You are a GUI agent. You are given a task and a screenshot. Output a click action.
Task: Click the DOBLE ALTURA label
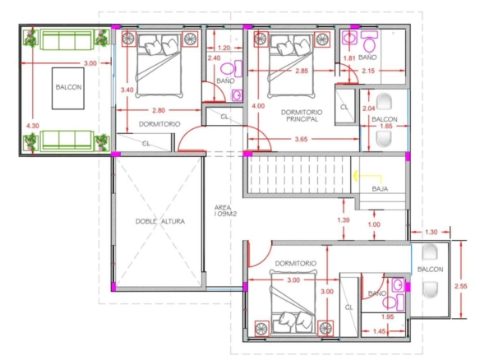point(160,221)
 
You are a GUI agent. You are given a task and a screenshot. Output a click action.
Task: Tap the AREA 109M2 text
point(225,211)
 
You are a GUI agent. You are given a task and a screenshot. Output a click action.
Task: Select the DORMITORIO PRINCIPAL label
point(302,116)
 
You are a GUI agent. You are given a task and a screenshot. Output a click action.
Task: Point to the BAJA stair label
point(380,189)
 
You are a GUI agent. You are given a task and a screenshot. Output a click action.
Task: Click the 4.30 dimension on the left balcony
point(33,126)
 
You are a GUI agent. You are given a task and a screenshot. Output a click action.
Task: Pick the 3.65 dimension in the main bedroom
point(301,139)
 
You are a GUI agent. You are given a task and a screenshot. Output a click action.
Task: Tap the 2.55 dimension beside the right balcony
point(461,286)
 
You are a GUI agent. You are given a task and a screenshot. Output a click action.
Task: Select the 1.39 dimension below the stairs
point(344,219)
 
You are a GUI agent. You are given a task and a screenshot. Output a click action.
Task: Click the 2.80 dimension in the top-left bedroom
point(159,110)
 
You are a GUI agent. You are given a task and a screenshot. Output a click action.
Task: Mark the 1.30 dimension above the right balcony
point(431,232)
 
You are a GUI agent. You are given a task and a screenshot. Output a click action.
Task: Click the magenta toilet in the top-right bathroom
point(370,41)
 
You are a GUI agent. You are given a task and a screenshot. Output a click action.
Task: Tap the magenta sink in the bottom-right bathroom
point(399,285)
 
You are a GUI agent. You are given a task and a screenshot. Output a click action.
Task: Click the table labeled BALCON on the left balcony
point(68,88)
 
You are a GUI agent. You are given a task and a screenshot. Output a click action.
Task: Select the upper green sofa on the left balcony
point(67,39)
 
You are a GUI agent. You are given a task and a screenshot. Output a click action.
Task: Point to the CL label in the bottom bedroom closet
point(349,307)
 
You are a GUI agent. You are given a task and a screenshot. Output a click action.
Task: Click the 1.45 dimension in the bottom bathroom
point(379,331)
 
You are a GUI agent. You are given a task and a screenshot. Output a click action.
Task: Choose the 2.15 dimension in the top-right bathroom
point(368,71)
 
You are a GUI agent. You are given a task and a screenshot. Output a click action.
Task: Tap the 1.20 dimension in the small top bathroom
point(224,48)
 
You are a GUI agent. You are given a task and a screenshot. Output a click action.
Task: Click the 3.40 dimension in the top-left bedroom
point(127,90)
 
